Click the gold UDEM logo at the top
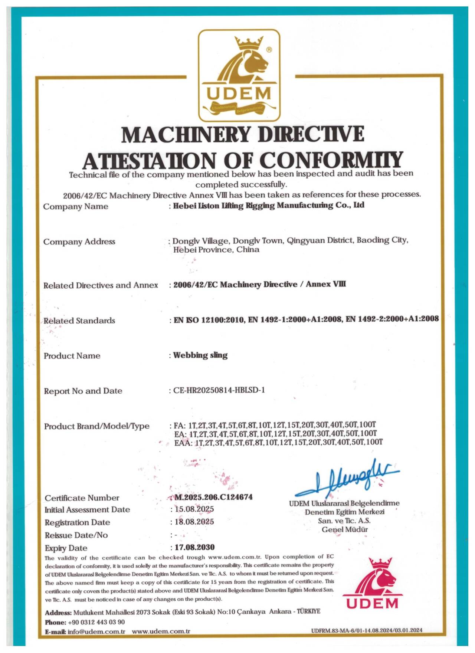pyautogui.click(x=239, y=76)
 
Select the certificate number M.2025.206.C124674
pyautogui.click(x=213, y=497)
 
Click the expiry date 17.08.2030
pyautogui.click(x=194, y=547)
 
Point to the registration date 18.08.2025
pyautogui.click(x=194, y=522)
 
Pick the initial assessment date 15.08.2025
pyautogui.click(x=194, y=509)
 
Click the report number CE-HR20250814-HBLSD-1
pyautogui.click(x=219, y=390)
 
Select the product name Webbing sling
pyautogui.click(x=200, y=355)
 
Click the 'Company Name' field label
pyautogui.click(x=76, y=206)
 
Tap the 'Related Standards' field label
pyautogui.click(x=79, y=321)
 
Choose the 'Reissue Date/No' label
pyautogui.click(x=76, y=535)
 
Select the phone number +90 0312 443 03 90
pyautogui.click(x=96, y=622)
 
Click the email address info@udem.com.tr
pyautogui.click(x=96, y=631)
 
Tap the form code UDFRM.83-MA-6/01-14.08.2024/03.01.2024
pyautogui.click(x=367, y=630)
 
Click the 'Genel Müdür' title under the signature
pyautogui.click(x=344, y=529)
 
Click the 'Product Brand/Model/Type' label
pyautogui.click(x=97, y=426)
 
